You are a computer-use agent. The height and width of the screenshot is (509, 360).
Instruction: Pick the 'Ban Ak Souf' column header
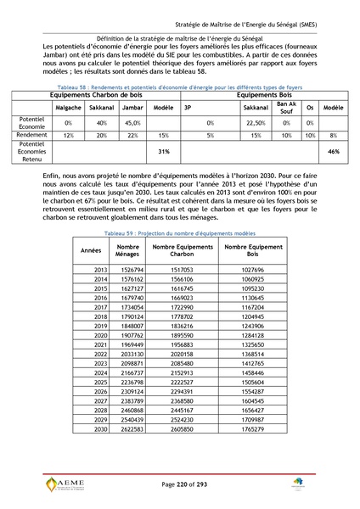coord(286,109)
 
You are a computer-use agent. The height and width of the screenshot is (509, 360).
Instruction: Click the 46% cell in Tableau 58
coord(334,152)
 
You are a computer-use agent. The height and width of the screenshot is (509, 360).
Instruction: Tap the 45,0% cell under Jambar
coord(132,123)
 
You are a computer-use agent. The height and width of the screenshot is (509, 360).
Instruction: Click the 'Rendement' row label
coord(31,135)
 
